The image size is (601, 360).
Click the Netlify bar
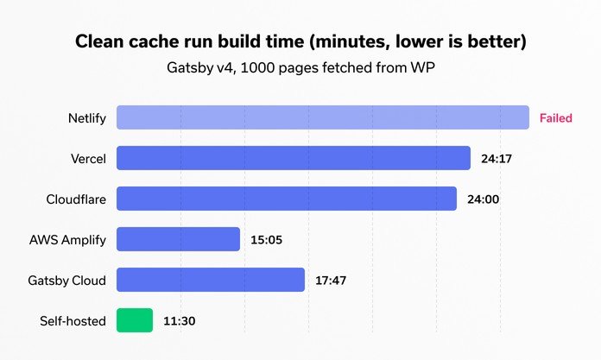pos(322,117)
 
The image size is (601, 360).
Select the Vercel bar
pos(293,158)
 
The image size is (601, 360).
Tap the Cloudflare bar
pos(286,199)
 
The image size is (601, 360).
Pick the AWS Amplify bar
pos(178,239)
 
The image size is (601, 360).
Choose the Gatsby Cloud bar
pos(210,280)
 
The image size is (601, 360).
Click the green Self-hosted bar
pos(135,320)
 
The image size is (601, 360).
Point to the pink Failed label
pos(556,118)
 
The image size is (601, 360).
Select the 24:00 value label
pos(484,199)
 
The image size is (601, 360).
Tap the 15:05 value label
pos(268,240)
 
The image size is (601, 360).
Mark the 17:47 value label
pos(332,281)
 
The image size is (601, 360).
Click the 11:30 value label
pos(180,321)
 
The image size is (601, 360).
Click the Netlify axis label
pos(87,118)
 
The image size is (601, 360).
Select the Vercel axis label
pos(88,159)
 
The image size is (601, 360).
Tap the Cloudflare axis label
pos(76,199)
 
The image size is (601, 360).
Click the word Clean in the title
pos(101,41)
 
